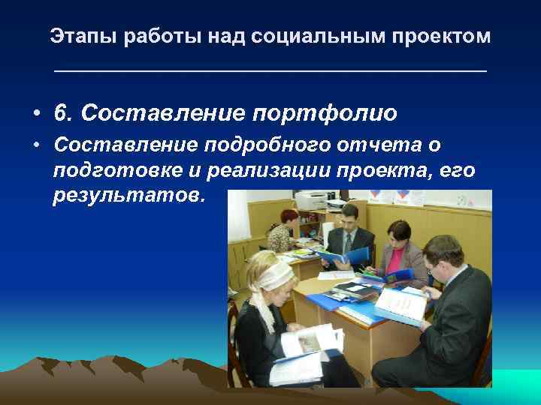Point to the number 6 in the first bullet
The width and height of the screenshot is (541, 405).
tap(60, 113)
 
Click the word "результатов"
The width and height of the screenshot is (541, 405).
tap(128, 196)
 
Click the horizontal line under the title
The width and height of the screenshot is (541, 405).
tap(270, 71)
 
